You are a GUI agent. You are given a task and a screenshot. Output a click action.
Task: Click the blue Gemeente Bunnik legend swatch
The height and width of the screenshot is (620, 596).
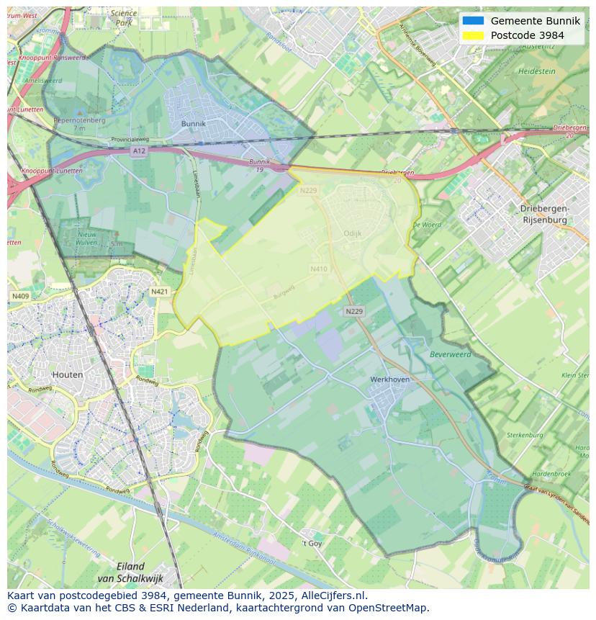coord(473,21)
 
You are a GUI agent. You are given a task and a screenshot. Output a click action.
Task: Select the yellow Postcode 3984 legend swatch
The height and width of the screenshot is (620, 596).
coord(473,35)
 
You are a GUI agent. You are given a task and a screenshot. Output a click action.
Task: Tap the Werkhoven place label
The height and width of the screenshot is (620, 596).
coord(389,379)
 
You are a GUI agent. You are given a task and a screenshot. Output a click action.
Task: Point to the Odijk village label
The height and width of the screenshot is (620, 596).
coord(353,233)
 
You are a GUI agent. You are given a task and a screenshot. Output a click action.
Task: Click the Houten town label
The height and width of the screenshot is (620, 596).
coord(68,374)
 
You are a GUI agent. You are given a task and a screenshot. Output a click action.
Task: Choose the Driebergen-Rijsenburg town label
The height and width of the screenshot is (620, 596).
coord(545,214)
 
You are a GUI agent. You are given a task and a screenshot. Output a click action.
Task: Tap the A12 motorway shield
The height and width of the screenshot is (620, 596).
coord(139,151)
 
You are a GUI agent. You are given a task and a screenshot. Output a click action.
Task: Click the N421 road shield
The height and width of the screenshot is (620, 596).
coord(159,292)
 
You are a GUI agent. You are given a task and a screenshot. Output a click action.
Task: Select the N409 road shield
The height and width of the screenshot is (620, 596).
coord(20,296)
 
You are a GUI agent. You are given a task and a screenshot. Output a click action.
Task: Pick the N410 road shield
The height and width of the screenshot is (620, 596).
coord(319,269)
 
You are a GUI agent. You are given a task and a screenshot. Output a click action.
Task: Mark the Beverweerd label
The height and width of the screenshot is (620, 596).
coord(451,354)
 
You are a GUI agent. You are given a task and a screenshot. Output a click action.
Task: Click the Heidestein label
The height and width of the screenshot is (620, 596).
coord(537,71)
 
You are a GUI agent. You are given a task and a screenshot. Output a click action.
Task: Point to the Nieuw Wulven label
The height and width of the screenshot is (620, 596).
coord(87,238)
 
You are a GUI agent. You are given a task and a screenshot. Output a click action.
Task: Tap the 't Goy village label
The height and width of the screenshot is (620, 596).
coord(312,543)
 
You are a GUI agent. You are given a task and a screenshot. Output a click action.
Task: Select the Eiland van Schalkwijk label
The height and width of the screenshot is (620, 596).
coord(130,572)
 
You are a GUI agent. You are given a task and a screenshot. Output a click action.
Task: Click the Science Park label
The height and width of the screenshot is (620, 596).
coord(124,18)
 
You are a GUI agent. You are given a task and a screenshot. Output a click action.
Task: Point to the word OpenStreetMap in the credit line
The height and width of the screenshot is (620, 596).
coord(389,608)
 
